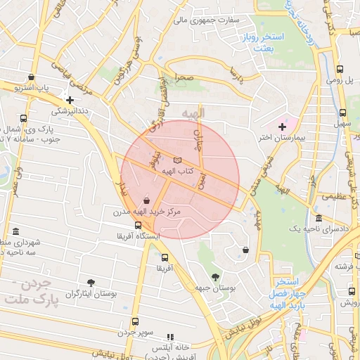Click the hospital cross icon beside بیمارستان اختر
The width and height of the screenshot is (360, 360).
click(x=282, y=127)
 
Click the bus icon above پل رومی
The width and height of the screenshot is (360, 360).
click(x=340, y=69)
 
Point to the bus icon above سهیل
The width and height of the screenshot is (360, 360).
click(x=342, y=112)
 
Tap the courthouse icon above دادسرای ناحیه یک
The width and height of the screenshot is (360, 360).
click(x=319, y=219)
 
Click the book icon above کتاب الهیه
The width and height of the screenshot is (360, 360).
click(x=176, y=160)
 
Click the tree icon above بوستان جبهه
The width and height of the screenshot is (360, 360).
click(x=214, y=276)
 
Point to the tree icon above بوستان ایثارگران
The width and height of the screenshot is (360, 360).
click(x=90, y=282)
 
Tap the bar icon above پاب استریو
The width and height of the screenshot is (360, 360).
click(x=31, y=78)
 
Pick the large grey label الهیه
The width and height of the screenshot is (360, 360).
click(x=192, y=112)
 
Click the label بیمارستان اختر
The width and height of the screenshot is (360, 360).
click(x=283, y=137)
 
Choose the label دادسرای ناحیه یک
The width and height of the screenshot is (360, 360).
click(x=319, y=230)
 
